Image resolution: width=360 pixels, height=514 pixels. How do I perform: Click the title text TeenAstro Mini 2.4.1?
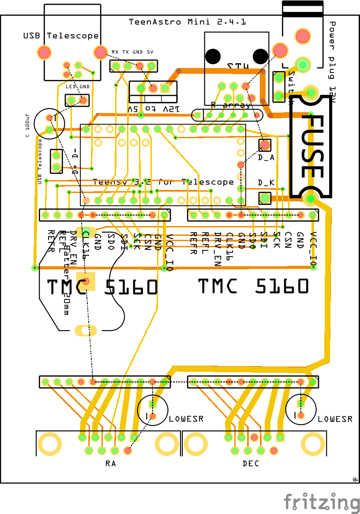click(187, 22)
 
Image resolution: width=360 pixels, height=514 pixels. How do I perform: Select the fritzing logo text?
click(322, 503)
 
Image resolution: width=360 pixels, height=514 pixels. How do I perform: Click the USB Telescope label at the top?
click(61, 36)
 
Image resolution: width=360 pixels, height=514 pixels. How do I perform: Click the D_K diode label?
click(266, 182)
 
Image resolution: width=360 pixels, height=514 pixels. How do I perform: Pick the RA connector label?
click(110, 464)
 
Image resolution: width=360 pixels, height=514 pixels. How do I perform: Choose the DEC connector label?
click(251, 464)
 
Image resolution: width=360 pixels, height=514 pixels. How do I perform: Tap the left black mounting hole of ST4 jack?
click(214, 56)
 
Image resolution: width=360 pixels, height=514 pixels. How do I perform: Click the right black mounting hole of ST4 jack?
click(260, 56)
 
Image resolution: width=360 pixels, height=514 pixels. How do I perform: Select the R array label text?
click(230, 105)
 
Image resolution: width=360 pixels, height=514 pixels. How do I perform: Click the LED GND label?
click(78, 87)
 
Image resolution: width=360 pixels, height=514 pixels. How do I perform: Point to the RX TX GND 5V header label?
click(132, 52)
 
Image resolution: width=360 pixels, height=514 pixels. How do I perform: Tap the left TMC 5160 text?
click(102, 287)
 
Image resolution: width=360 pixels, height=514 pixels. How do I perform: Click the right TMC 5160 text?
click(253, 286)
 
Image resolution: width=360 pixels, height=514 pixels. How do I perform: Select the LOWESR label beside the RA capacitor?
click(186, 419)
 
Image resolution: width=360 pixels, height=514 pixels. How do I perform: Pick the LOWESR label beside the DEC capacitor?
click(335, 419)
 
